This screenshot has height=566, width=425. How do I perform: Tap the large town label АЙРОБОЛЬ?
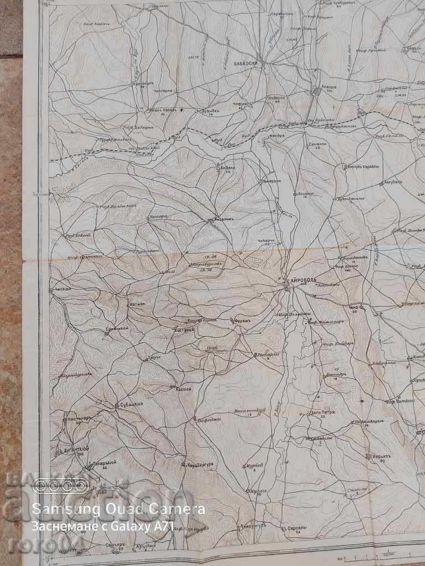pyautogui.click(x=301, y=280)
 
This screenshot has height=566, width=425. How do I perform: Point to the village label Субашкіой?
pyautogui.click(x=132, y=404)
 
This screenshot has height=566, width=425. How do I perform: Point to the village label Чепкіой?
pyautogui.click(x=60, y=289)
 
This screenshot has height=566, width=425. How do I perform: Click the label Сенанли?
pyautogui.click(x=316, y=143)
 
